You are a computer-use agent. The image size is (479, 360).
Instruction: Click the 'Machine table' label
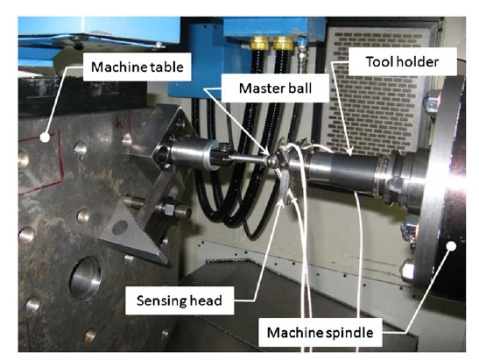coord(137,67)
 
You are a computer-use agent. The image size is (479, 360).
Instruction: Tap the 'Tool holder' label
coord(402,61)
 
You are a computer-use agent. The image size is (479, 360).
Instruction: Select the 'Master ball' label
coord(275,88)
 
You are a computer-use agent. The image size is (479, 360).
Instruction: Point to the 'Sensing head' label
coord(180,300)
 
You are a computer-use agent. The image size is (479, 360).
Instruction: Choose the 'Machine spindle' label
coord(321,333)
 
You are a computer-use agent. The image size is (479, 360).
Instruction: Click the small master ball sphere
coord(272,160)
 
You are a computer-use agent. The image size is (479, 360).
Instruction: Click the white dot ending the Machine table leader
coord(45,138)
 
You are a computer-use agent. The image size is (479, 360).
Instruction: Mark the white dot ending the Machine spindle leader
coord(451,246)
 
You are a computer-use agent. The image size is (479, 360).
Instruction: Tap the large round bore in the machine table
coord(85,278)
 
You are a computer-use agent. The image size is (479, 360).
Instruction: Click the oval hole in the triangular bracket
coord(120,228)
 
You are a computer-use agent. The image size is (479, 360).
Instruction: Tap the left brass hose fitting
coord(260,43)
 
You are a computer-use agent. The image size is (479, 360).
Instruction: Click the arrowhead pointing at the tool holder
coord(350,149)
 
